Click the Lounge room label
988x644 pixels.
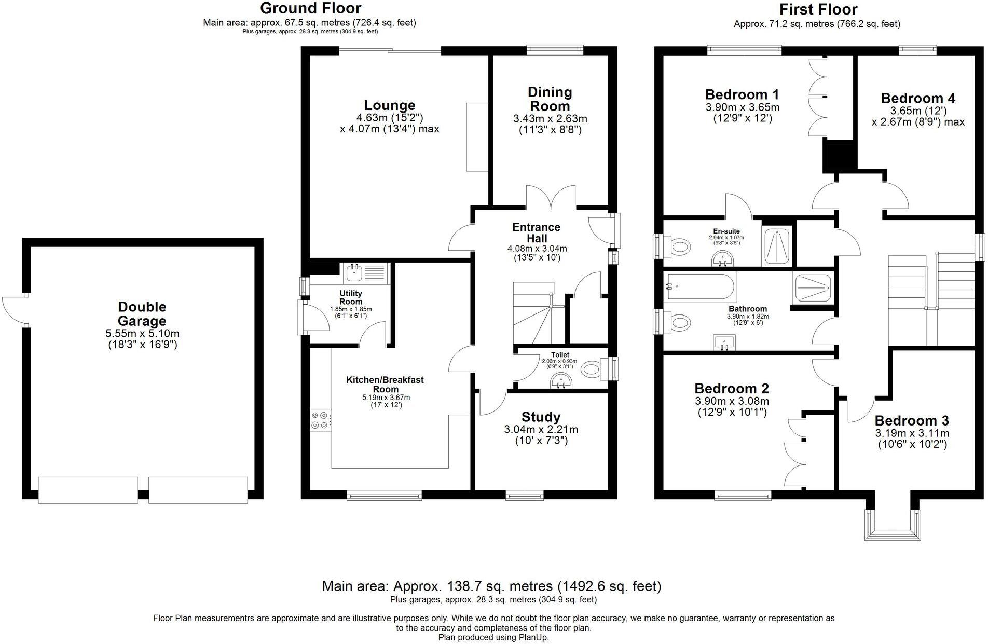point(389,105)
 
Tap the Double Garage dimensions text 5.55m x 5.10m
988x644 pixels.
point(143,333)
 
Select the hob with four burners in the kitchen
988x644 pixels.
point(321,420)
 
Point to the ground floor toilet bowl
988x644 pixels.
point(592,369)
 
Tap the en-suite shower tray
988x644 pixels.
point(777,246)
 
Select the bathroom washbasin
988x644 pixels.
point(724,342)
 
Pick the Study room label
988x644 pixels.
point(541,417)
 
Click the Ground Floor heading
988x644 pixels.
point(310,8)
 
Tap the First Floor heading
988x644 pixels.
point(818,9)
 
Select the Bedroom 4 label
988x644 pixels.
point(918,98)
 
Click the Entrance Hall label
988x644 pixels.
point(536,233)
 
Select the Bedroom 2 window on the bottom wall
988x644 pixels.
point(743,497)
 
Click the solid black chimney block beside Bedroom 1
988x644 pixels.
point(839,156)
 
